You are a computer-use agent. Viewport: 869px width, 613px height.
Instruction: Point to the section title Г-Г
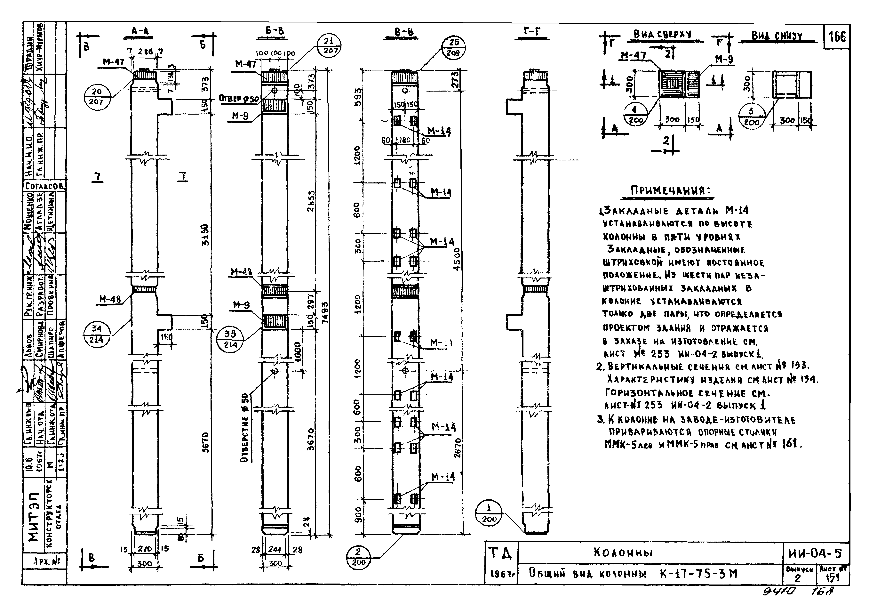(x=532, y=33)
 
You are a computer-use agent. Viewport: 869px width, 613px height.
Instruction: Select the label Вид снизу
(x=777, y=36)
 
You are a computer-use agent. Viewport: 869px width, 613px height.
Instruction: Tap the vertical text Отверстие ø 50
(x=245, y=428)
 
